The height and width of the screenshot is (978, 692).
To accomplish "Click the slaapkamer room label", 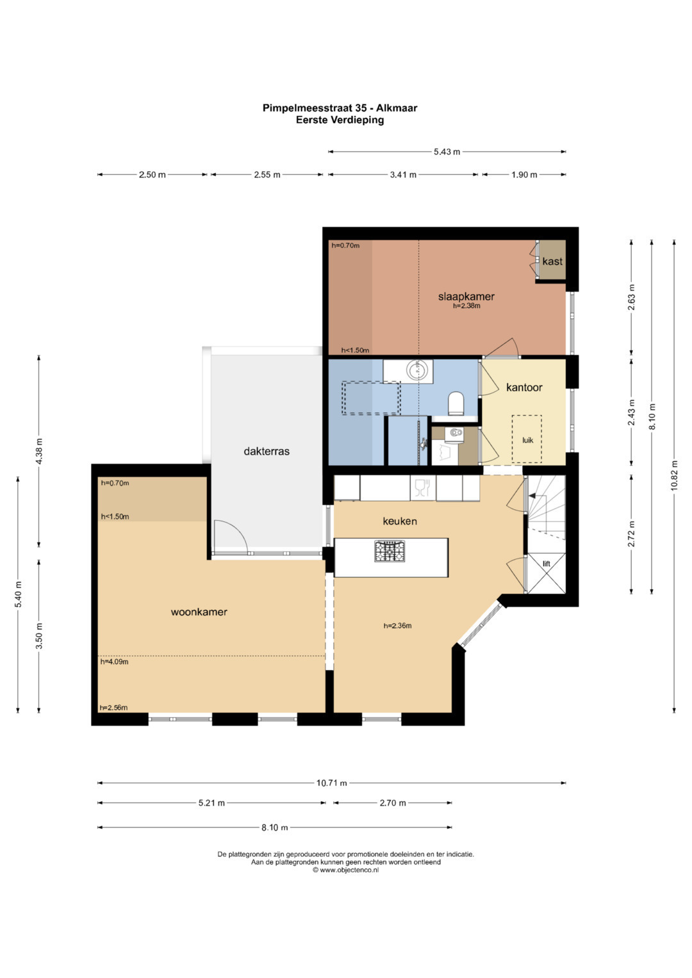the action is (x=466, y=297).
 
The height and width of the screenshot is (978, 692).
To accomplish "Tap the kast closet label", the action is (x=552, y=261).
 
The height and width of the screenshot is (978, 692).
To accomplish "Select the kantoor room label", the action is (x=524, y=387).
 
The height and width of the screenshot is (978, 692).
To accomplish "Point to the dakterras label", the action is (x=267, y=451).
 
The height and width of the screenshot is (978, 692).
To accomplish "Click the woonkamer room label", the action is (x=199, y=612).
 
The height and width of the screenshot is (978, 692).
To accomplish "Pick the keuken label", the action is (x=400, y=521).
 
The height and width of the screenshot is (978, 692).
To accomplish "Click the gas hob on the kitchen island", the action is (x=390, y=551).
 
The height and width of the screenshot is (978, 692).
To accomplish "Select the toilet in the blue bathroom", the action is (x=456, y=403).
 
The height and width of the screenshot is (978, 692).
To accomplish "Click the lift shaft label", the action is (x=547, y=564).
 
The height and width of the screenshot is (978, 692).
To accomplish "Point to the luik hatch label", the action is (x=528, y=440).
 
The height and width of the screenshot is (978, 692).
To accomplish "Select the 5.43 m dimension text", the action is (x=447, y=152).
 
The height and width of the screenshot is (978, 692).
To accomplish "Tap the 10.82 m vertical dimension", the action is (x=674, y=475).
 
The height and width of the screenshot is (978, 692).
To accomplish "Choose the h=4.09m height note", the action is (x=115, y=662).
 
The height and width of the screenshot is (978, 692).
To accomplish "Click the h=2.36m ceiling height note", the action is (x=397, y=626).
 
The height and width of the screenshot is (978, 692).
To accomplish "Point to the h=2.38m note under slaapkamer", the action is (x=466, y=306).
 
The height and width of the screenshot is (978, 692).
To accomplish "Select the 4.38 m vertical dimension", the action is (x=39, y=452).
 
